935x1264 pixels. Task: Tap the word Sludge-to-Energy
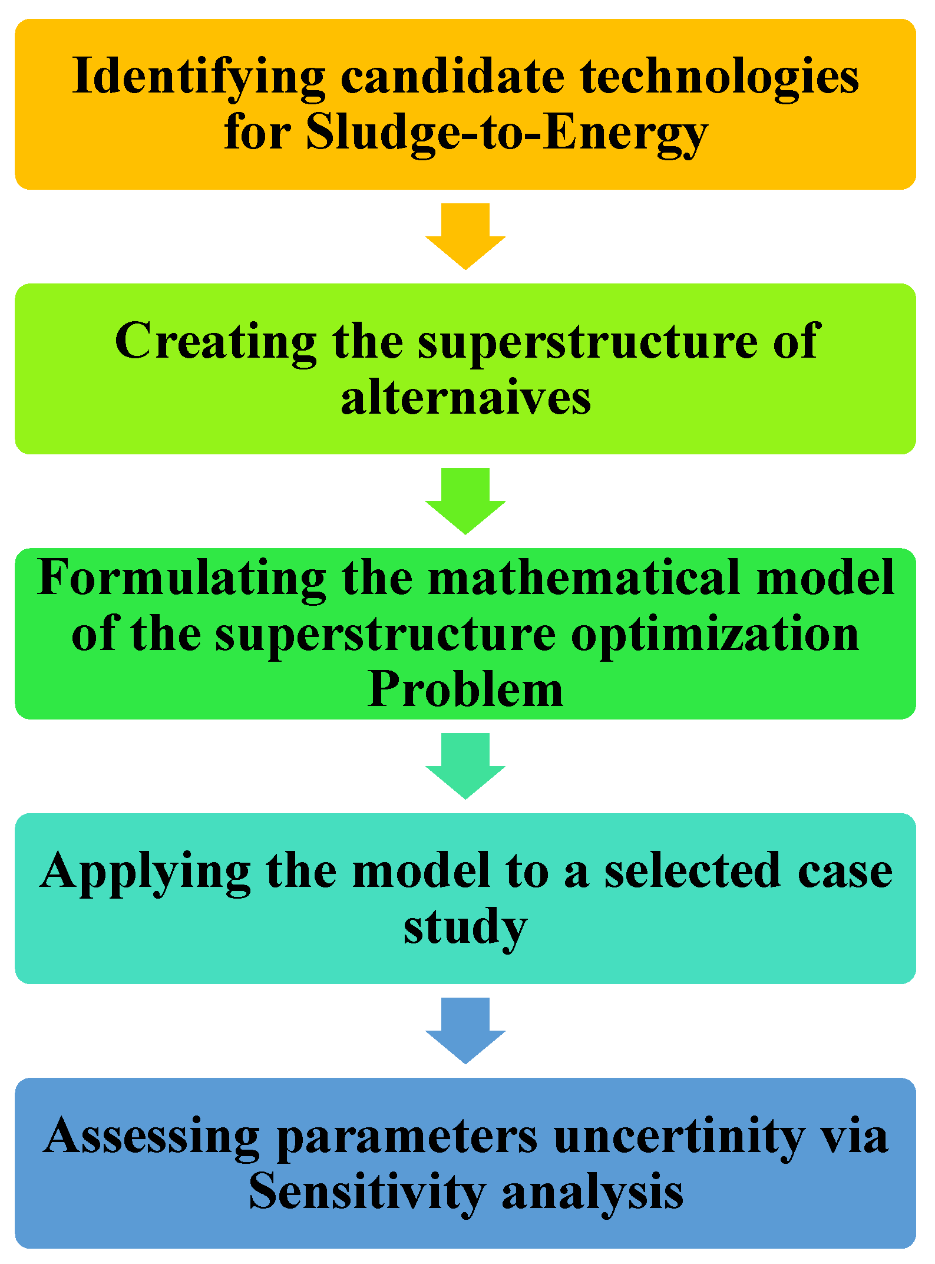507,133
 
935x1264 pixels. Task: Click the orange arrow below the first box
465,236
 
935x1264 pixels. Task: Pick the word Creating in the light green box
216,342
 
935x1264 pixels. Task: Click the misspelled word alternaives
465,398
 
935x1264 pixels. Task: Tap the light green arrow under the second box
465,501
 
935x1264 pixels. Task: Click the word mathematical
583,577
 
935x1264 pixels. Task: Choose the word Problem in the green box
465,689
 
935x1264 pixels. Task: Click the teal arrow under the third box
465,765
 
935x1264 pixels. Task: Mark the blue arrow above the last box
465,1030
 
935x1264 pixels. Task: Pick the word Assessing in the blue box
151,1136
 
